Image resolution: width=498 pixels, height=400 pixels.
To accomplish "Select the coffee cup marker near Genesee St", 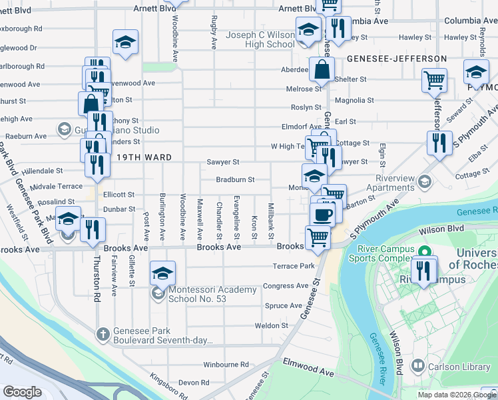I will click(323, 214).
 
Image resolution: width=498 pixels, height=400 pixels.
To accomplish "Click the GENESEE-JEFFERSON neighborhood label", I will click(397, 59).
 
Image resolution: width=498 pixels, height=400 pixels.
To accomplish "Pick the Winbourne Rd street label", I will click(226, 365).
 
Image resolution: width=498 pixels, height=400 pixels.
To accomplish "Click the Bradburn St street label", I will click(235, 180).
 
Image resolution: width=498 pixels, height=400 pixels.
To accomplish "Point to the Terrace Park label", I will click(293, 266).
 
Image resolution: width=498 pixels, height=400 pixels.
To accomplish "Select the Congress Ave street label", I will click(286, 286).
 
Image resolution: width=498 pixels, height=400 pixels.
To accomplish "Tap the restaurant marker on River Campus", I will click(424, 269).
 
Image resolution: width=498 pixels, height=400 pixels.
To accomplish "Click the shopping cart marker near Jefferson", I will click(434, 81).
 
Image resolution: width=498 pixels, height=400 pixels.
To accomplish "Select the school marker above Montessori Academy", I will click(162, 273).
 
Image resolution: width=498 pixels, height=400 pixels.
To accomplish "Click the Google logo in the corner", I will click(22, 392).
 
